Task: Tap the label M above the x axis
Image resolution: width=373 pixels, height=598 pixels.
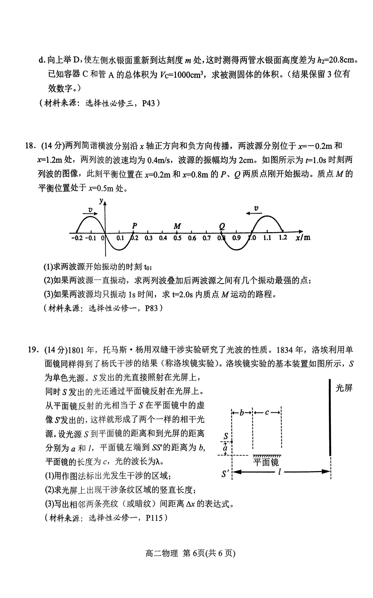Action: point(177,226)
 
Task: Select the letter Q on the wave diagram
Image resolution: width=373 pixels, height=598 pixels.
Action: point(222,226)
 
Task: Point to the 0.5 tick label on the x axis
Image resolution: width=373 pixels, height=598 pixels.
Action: point(177,238)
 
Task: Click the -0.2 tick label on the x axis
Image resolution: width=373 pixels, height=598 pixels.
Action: point(77,238)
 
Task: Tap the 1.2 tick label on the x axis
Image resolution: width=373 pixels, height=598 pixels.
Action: point(283,238)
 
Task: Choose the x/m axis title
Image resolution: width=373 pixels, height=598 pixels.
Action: point(303,238)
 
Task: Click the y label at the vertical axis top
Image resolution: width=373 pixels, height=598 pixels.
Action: point(101,201)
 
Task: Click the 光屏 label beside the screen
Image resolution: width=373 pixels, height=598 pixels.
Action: point(344,388)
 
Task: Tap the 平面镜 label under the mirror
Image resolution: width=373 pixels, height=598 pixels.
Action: point(266,462)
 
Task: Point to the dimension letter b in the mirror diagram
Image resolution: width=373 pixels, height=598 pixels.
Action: point(242,413)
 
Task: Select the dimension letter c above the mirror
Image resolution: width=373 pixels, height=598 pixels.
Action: point(267,413)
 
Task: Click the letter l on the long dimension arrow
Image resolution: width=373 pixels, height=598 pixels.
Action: point(279,472)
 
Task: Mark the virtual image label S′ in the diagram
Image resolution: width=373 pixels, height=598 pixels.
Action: point(225,474)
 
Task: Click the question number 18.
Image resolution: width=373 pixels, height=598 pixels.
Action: point(30,146)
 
